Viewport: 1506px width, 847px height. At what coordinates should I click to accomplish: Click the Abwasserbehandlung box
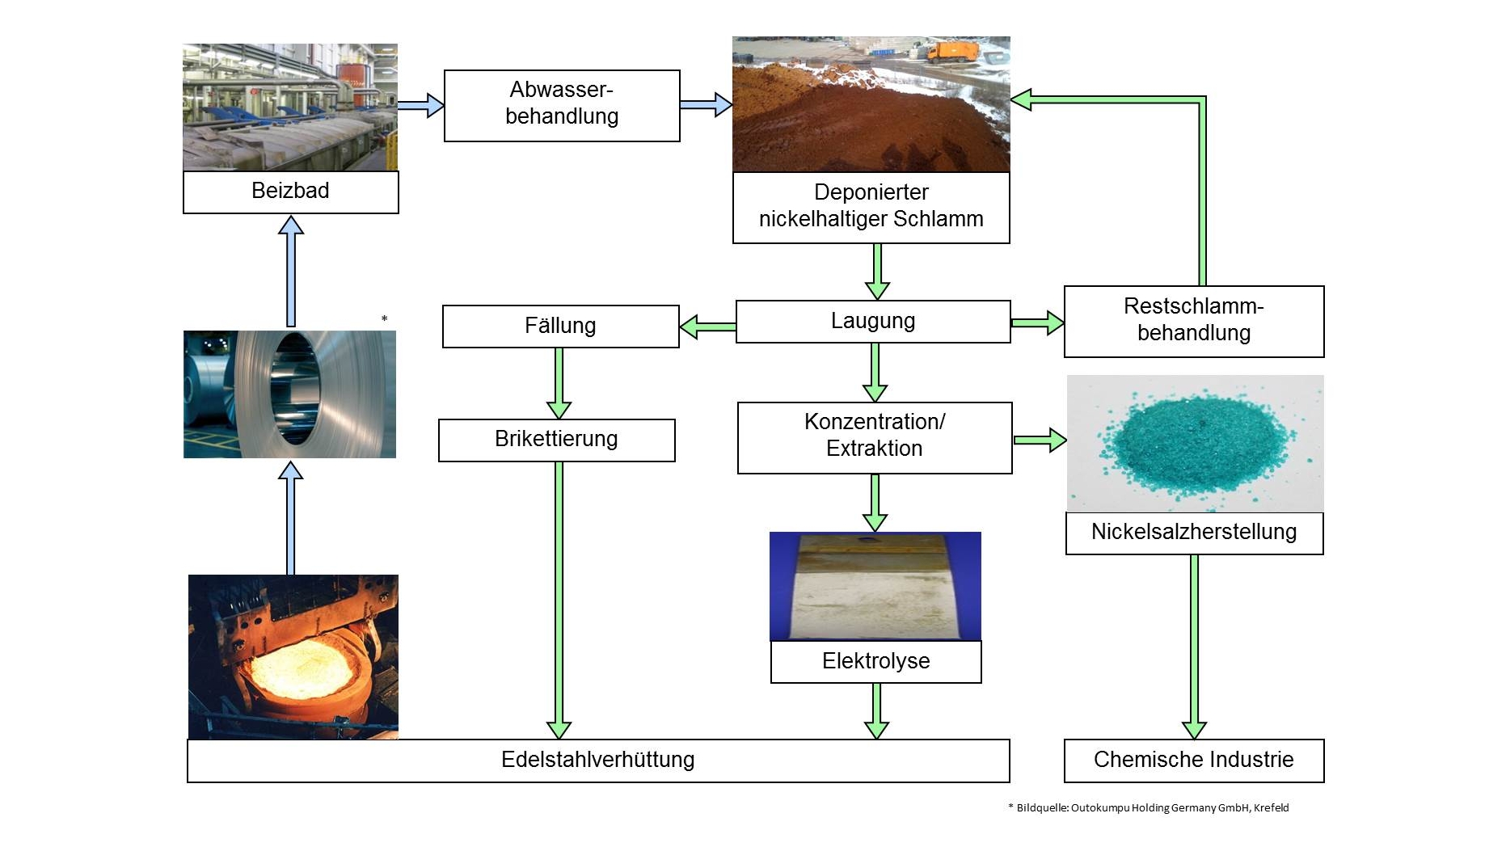[x=562, y=106]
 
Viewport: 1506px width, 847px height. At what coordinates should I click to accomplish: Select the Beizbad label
[x=290, y=192]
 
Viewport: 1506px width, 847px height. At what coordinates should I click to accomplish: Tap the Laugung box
[x=873, y=322]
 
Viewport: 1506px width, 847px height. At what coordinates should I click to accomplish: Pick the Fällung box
[x=560, y=327]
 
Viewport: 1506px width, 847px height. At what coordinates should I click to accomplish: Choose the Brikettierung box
[x=556, y=440]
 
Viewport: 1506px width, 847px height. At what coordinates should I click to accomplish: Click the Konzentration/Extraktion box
[x=875, y=437]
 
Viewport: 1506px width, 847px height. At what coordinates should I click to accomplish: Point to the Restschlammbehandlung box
[x=1193, y=321]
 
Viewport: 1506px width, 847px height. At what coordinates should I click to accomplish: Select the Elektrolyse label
[x=875, y=662]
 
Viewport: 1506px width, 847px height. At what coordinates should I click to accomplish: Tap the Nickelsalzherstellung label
[x=1194, y=533]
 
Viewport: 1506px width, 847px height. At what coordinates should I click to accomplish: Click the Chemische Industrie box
[x=1193, y=761]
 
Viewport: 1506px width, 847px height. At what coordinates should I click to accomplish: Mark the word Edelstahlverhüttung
[x=598, y=761]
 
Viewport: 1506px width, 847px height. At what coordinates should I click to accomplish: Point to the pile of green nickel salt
[x=1192, y=443]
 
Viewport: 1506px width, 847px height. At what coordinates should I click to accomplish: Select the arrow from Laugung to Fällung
[x=707, y=327]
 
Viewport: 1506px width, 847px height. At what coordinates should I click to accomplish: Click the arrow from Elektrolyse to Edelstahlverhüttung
[x=875, y=711]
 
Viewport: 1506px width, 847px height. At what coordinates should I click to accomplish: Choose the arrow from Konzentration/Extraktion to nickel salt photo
[x=1040, y=440]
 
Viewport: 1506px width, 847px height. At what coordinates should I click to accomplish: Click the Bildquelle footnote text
[x=1148, y=807]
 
